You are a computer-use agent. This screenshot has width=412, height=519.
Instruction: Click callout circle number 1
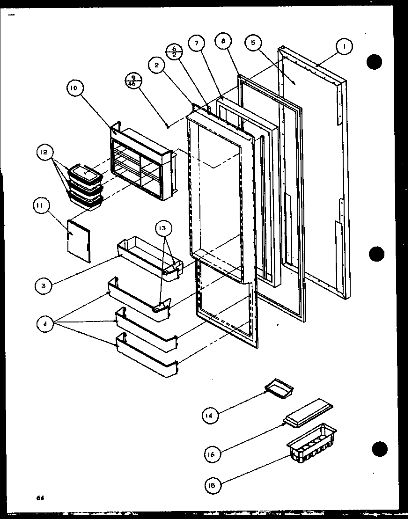[x=345, y=46]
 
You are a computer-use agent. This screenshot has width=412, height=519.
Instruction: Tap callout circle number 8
[x=223, y=41]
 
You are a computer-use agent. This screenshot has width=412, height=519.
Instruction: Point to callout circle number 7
[x=196, y=43]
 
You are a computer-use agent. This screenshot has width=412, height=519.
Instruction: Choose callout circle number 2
[x=157, y=66]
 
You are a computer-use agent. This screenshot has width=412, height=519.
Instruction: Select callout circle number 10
[x=75, y=88]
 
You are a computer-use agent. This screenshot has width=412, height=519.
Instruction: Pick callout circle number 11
[x=41, y=205]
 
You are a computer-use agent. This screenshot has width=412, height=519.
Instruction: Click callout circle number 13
[x=164, y=228]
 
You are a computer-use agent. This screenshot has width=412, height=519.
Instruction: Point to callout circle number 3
[x=43, y=285]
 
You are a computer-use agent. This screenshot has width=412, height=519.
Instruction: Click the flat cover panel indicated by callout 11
[x=78, y=241]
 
